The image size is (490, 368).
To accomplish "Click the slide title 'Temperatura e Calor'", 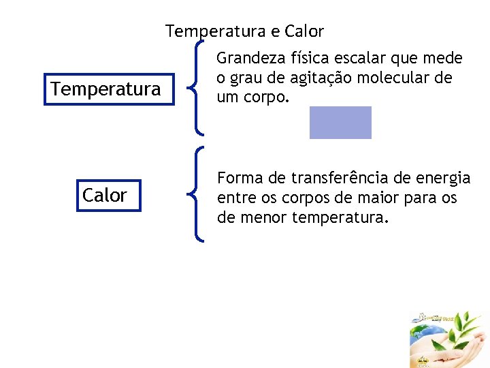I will click(244, 31).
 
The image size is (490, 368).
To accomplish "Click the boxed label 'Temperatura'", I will click(106, 89).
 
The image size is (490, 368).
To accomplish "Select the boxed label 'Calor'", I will click(105, 196).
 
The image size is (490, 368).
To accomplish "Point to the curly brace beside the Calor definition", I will click(196, 195).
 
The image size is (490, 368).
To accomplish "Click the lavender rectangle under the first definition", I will click(340, 123).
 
